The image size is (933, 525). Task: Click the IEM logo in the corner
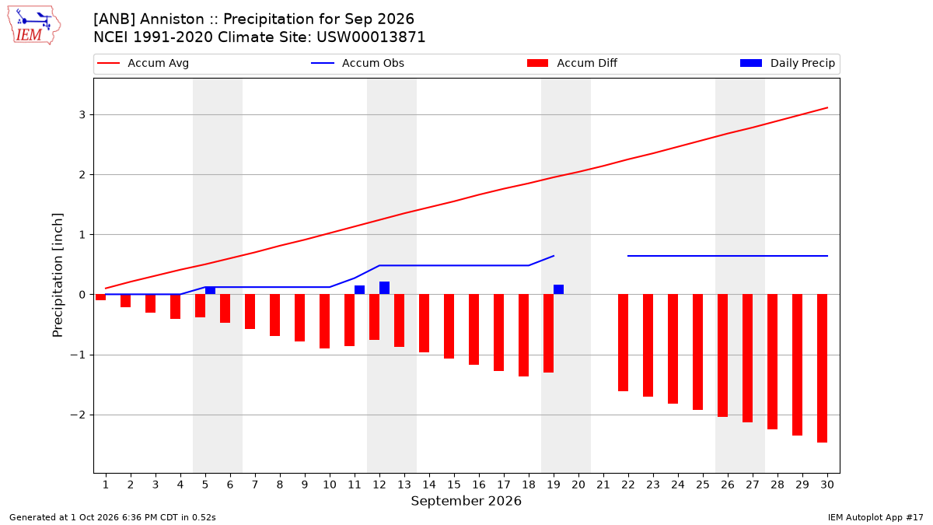click(34, 26)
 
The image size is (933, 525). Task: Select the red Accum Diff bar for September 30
click(823, 369)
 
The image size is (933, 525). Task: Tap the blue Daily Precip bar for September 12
click(384, 288)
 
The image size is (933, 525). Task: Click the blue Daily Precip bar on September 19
click(558, 289)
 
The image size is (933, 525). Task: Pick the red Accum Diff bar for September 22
click(623, 342)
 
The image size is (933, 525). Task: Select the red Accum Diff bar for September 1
click(101, 297)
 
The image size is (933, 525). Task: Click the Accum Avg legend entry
click(143, 63)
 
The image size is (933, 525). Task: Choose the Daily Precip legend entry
click(787, 63)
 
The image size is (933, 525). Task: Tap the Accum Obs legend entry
click(358, 63)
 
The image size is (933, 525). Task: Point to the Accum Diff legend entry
click(572, 63)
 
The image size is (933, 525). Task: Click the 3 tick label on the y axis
click(82, 114)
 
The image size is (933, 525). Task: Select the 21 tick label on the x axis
click(603, 485)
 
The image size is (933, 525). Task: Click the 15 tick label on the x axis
click(454, 485)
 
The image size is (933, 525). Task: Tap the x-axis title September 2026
click(466, 501)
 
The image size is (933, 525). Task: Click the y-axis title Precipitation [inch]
click(58, 275)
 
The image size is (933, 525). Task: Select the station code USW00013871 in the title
click(371, 37)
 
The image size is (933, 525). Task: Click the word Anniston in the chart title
click(172, 19)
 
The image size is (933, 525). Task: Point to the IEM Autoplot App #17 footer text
click(875, 517)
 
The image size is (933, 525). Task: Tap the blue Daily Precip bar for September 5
click(211, 290)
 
